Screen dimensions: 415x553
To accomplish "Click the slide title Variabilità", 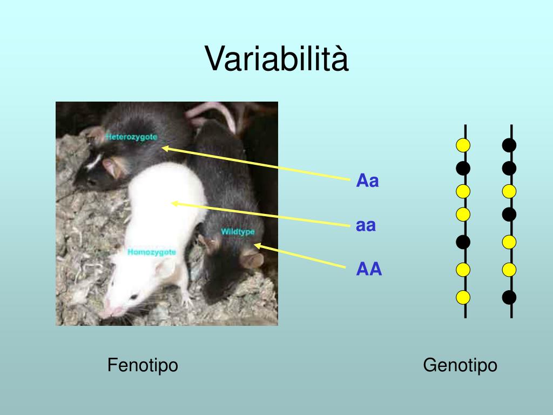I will [x=276, y=58].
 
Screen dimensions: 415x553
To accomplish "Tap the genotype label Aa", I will [x=367, y=181].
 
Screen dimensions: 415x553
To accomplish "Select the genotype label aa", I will [x=366, y=225].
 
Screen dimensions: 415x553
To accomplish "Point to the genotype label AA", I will [x=369, y=269].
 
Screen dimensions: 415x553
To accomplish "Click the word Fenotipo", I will [x=143, y=365].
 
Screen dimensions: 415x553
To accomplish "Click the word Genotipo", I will [x=460, y=365].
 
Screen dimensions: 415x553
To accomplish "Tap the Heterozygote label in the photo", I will [x=132, y=137].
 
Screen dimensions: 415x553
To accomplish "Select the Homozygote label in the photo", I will [x=152, y=252].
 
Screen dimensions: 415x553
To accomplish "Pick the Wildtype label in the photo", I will [x=238, y=232].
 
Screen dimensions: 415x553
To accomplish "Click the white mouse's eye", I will [x=133, y=296].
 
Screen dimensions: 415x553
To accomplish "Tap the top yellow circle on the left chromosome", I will [x=463, y=145].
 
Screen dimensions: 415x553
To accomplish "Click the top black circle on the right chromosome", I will [x=509, y=145].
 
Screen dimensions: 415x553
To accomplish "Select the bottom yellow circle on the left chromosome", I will [x=463, y=297].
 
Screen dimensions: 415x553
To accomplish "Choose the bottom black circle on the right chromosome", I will [x=509, y=297].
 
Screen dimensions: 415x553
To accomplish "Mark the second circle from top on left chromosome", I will [x=463, y=168].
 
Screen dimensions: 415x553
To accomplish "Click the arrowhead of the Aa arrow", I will [x=164, y=147].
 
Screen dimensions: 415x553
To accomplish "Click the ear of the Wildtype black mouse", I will [x=251, y=259].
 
